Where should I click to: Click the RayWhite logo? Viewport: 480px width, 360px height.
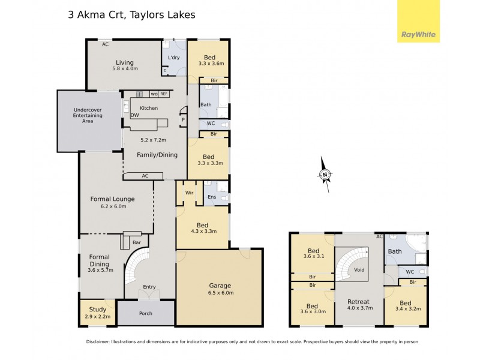tap(418, 21)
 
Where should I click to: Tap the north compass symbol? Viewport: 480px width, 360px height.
tap(325, 175)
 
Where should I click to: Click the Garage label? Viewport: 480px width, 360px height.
tap(220, 286)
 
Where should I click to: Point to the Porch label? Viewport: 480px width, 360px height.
tap(145, 313)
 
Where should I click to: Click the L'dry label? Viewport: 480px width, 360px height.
tap(174, 58)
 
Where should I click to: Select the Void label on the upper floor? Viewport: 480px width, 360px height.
tap(359, 270)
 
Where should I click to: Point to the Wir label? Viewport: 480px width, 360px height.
tap(189, 193)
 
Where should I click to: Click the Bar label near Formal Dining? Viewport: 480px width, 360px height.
tap(137, 242)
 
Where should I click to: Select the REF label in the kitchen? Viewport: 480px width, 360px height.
tap(163, 94)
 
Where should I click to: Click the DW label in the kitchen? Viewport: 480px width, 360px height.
tap(127, 116)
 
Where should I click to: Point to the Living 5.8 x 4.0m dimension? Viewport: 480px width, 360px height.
tap(125, 69)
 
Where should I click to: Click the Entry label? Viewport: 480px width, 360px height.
tap(149, 287)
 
